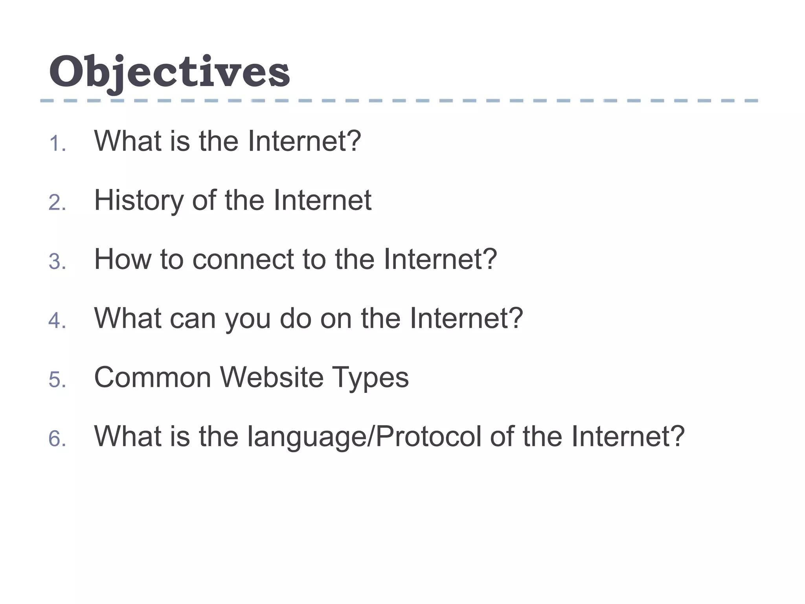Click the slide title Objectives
pyautogui.click(x=169, y=72)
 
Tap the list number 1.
pyautogui.click(x=57, y=144)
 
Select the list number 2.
pyautogui.click(x=57, y=203)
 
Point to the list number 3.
pyautogui.click(x=57, y=262)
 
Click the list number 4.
pyautogui.click(x=57, y=320)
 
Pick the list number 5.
pyautogui.click(x=57, y=380)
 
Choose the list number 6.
pyautogui.click(x=57, y=439)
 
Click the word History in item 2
pyautogui.click(x=138, y=201)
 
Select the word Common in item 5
pyautogui.click(x=153, y=377)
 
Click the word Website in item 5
pyautogui.click(x=272, y=377)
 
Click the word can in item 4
pyautogui.click(x=193, y=319)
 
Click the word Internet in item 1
pyautogui.click(x=304, y=141)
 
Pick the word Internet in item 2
pyautogui.click(x=322, y=201)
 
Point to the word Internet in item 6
pyautogui.click(x=628, y=436)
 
